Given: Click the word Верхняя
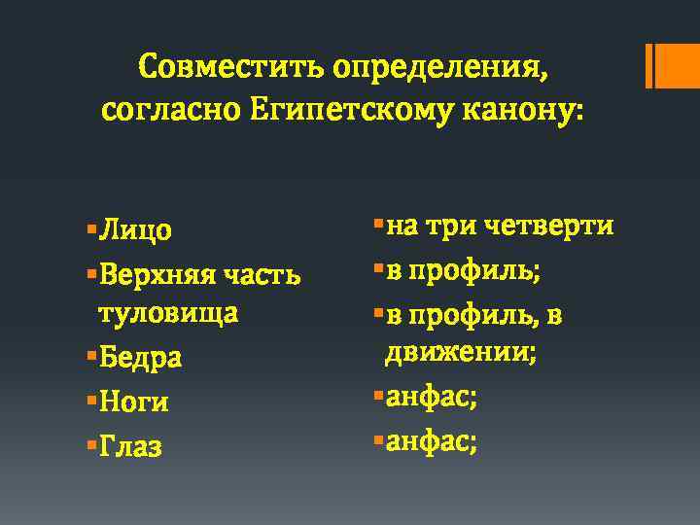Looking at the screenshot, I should [x=157, y=274].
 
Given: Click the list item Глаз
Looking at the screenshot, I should [x=130, y=446].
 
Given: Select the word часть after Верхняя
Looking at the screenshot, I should [x=263, y=274].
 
